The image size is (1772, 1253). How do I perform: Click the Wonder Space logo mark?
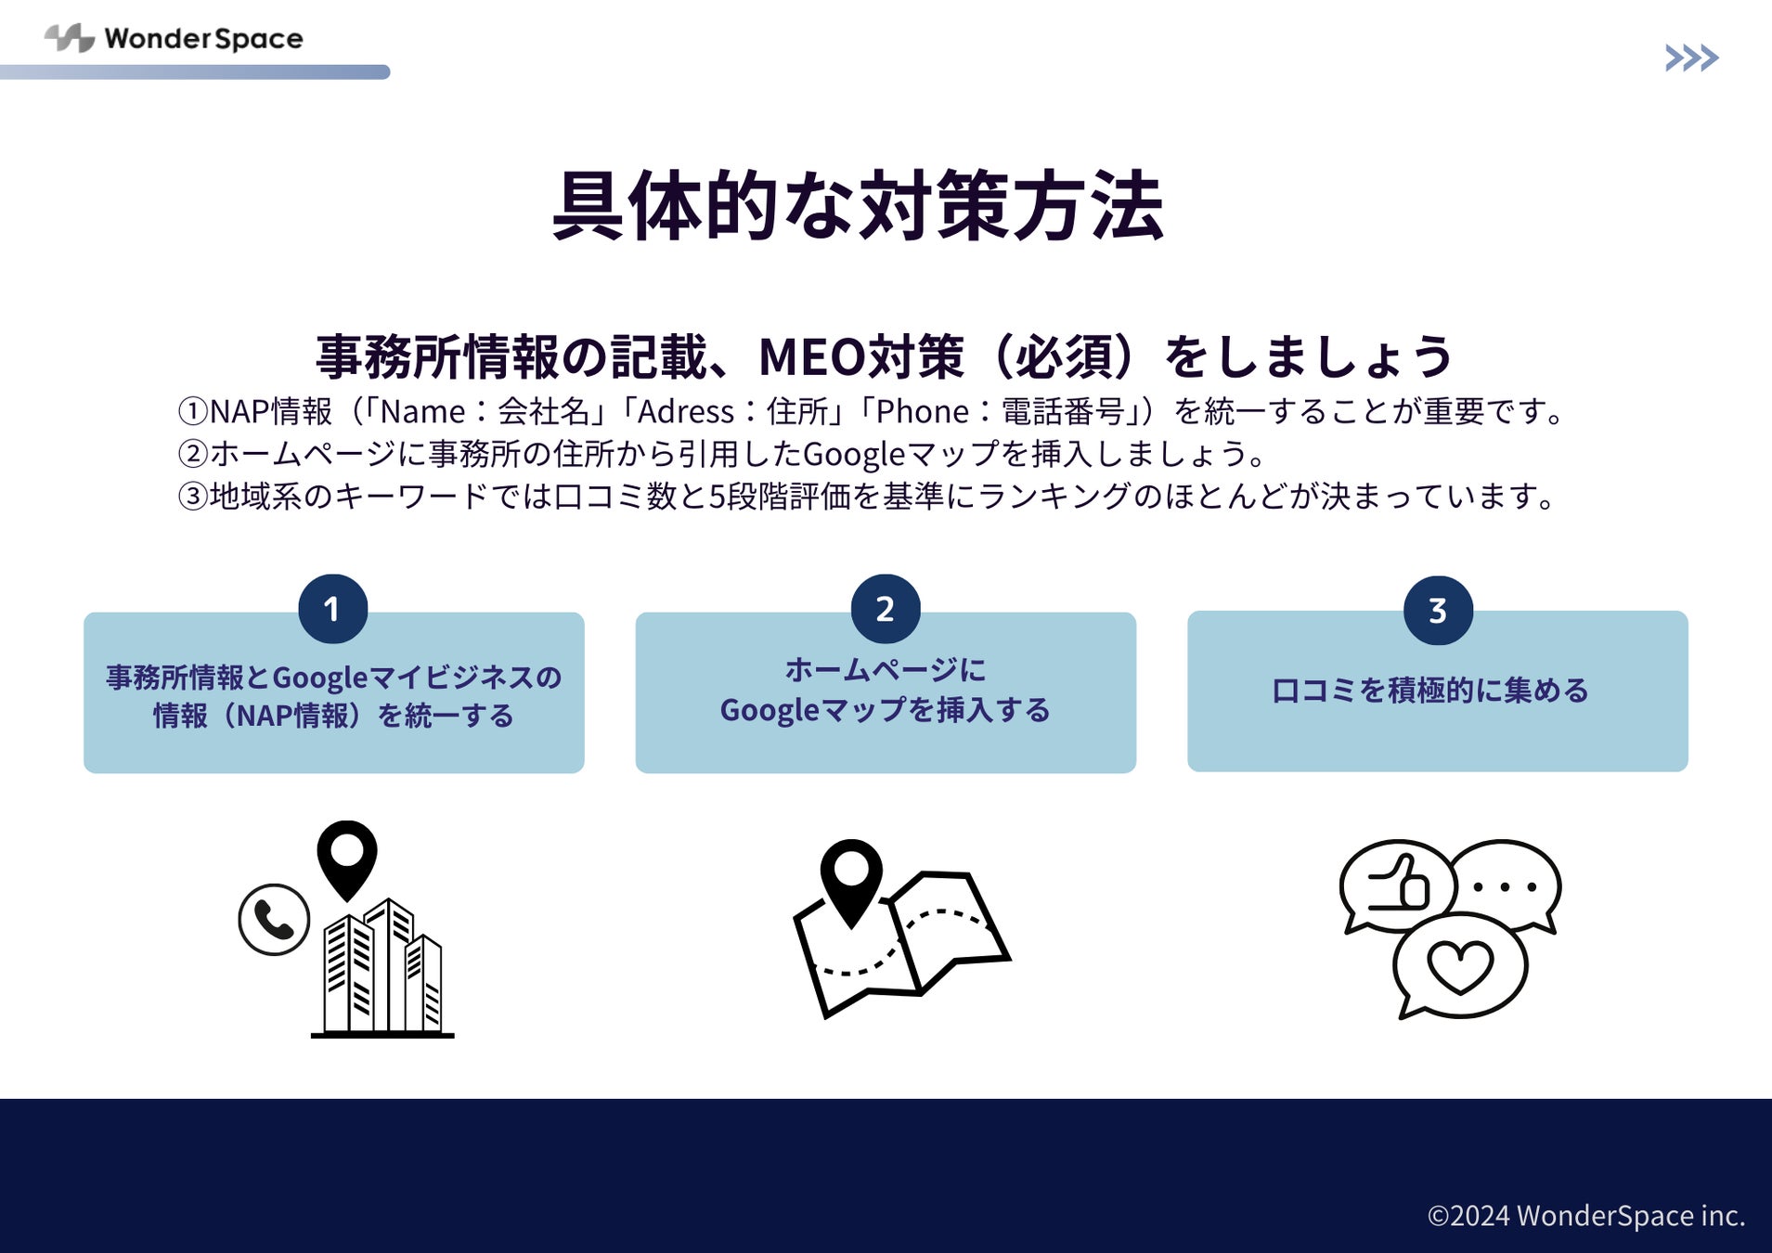click(x=70, y=38)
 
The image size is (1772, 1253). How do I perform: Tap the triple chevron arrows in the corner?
click(x=1691, y=58)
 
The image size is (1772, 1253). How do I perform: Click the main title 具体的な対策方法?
click(x=858, y=206)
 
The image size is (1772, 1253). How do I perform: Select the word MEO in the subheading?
click(x=810, y=356)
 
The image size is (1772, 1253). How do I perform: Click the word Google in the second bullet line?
click(x=853, y=454)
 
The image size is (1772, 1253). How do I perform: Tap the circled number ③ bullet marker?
click(x=192, y=497)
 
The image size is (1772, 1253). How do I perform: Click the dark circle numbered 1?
click(x=332, y=609)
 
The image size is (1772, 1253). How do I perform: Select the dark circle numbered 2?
click(x=885, y=609)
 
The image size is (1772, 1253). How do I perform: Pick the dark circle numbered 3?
click(x=1437, y=610)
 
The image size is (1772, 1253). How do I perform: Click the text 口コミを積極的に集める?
click(x=1429, y=691)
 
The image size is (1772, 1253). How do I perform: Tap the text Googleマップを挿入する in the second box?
click(x=885, y=710)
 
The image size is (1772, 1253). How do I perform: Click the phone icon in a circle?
click(x=274, y=919)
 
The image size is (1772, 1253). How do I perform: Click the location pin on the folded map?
click(x=851, y=877)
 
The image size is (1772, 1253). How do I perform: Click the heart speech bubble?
click(x=1459, y=965)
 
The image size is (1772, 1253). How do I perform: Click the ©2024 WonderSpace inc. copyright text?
click(x=1585, y=1215)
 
